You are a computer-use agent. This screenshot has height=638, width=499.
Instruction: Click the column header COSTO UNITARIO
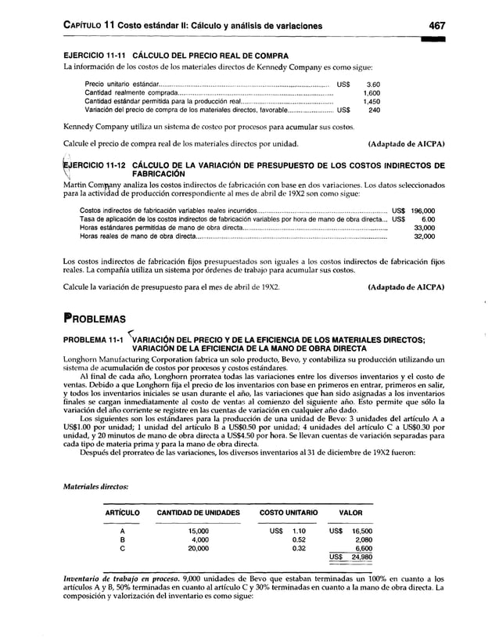[x=289, y=513]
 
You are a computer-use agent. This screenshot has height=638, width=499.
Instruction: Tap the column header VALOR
[x=350, y=513]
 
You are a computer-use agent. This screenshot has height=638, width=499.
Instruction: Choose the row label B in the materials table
[x=121, y=539]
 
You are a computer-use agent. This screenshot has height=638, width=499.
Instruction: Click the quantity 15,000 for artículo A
[x=199, y=530]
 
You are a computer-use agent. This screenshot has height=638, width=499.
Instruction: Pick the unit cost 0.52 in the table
[x=298, y=539]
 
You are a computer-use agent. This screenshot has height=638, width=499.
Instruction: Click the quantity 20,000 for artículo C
[x=199, y=549]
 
